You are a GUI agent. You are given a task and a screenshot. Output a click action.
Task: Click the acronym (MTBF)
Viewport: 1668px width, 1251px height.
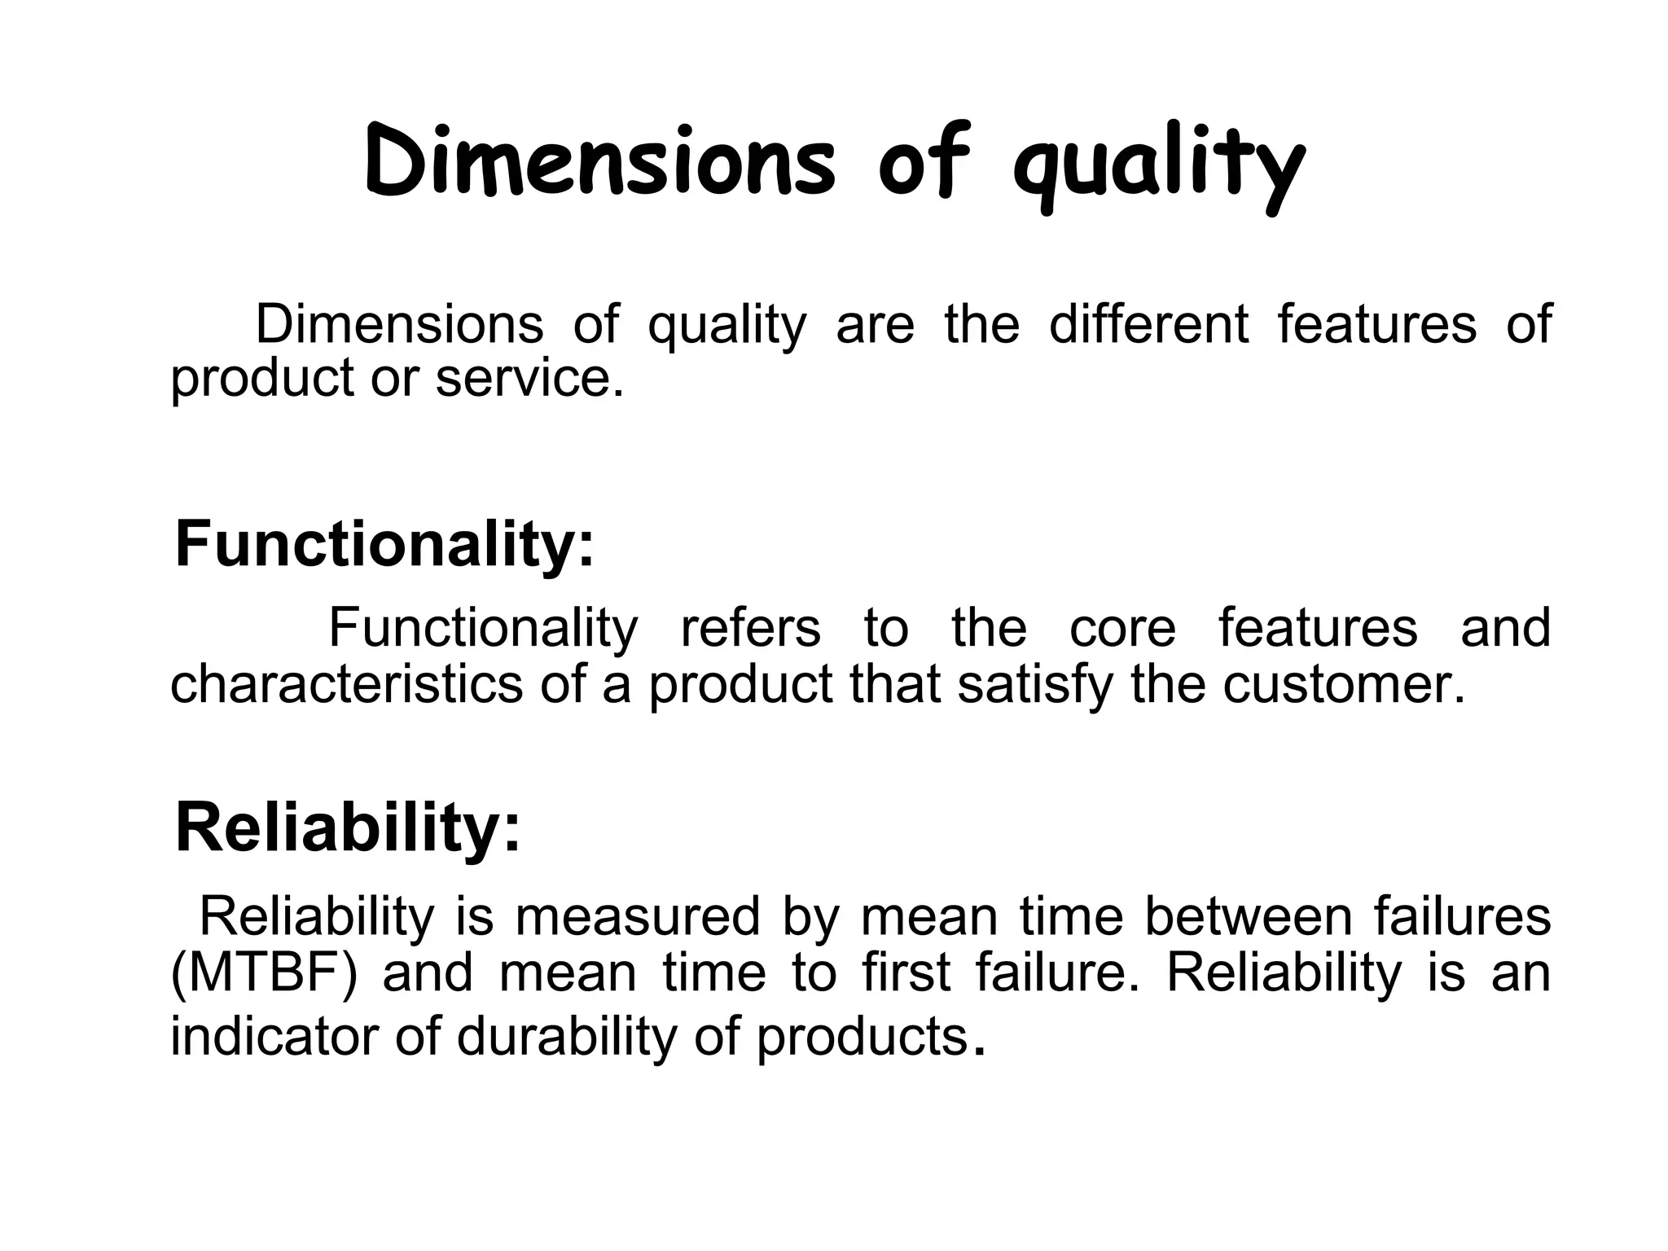(263, 973)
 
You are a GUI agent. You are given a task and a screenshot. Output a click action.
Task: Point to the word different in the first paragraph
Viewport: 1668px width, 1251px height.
(1148, 323)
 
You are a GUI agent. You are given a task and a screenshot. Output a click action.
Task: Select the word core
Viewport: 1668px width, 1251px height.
(1122, 628)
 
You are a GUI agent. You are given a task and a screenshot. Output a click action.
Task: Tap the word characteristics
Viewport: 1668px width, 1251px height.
(346, 684)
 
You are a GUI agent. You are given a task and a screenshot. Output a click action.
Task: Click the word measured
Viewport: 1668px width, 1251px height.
(637, 915)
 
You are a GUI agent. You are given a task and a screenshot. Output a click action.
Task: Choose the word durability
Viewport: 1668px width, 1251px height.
(567, 1037)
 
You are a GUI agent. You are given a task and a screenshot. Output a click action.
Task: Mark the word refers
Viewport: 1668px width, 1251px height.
(750, 628)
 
